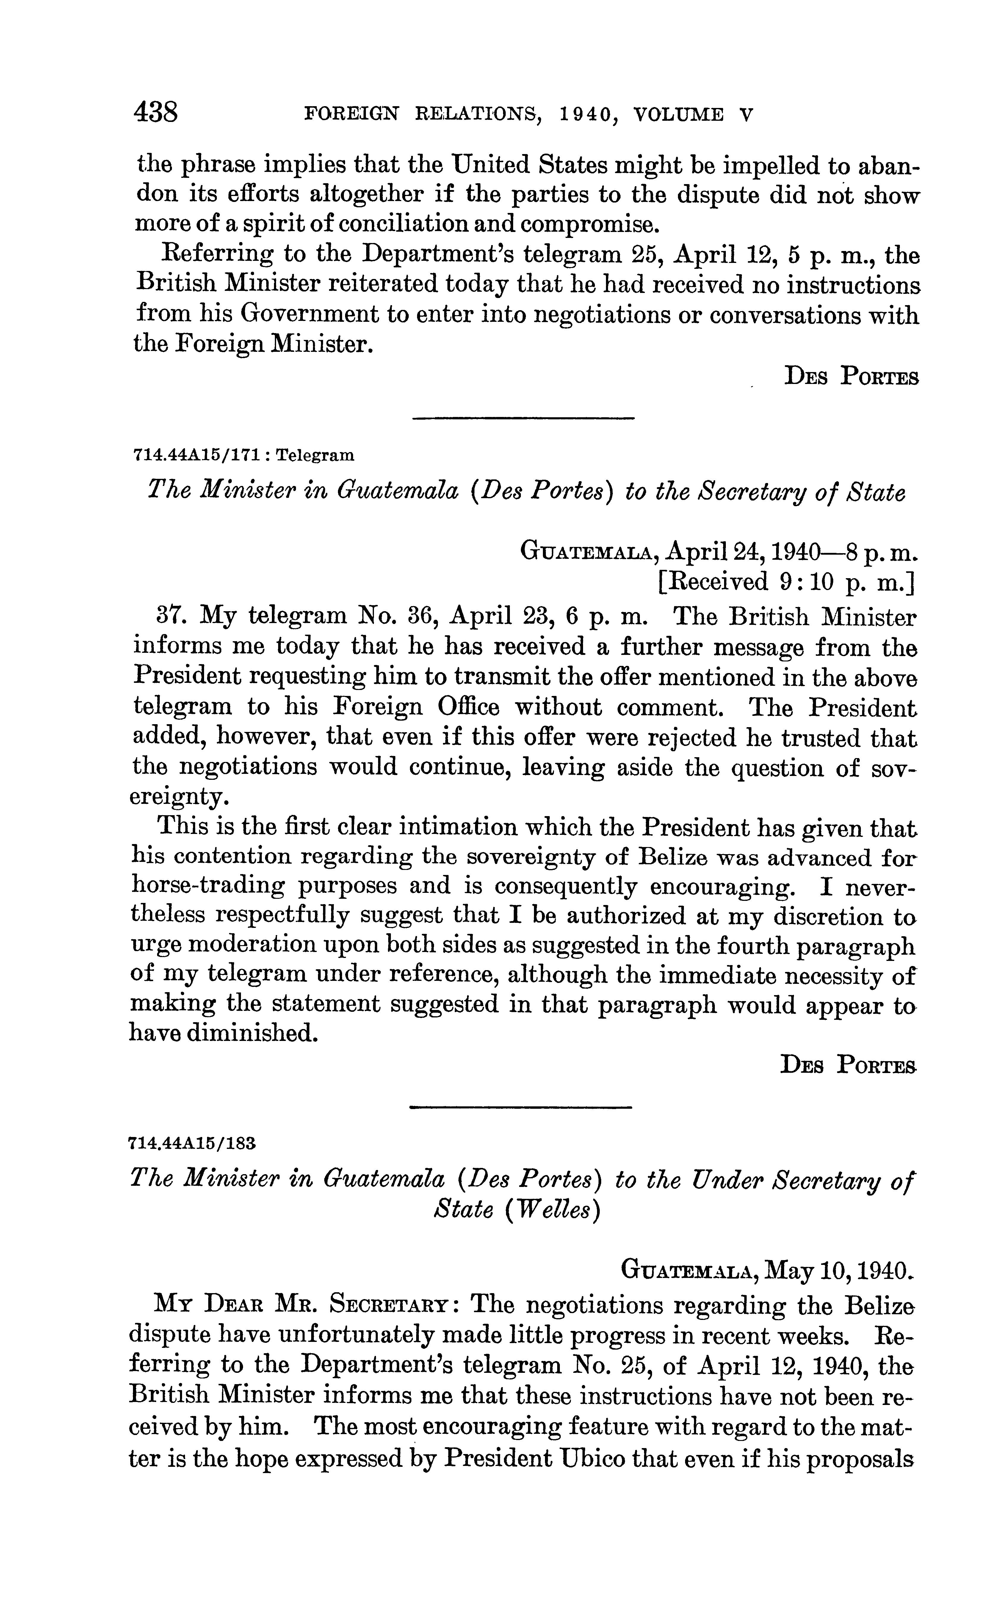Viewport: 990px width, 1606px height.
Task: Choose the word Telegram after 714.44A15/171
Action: tap(314, 454)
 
